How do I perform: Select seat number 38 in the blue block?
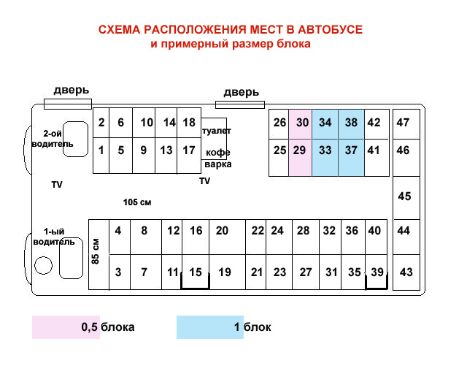click(351, 123)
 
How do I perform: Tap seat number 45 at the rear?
click(404, 196)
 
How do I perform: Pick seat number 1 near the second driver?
click(101, 150)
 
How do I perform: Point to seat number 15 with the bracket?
click(195, 272)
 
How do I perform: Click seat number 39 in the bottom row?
click(377, 272)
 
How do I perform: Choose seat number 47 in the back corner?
click(403, 123)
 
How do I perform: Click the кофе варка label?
click(218, 159)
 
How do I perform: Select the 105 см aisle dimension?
click(136, 202)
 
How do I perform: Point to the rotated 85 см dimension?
click(96, 250)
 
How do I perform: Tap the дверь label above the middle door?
click(241, 92)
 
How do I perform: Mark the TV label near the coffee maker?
click(204, 180)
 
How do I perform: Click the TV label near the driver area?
click(57, 185)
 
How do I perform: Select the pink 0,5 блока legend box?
click(82, 327)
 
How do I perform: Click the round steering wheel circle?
click(43, 266)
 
